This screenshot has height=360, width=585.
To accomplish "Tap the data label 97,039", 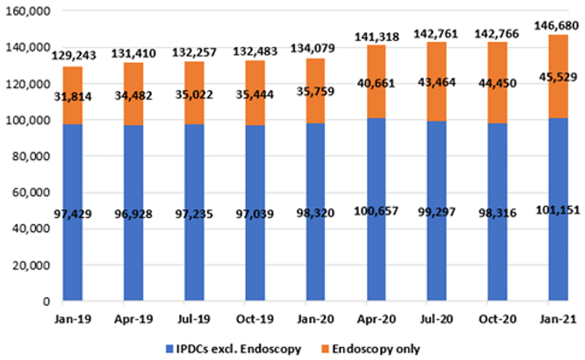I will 255,213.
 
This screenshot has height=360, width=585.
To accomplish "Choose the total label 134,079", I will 316,49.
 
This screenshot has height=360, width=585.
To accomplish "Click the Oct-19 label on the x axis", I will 255,320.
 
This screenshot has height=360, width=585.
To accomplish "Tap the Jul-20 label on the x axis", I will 437,320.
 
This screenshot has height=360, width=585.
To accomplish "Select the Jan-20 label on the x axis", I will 316,320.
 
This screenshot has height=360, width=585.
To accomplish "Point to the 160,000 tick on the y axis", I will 29,11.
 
